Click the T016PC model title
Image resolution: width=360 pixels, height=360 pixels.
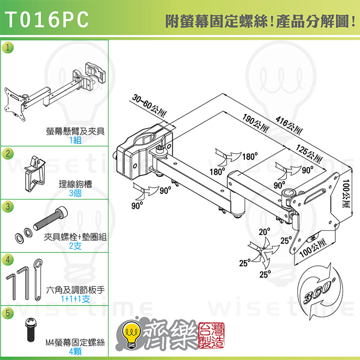(x=47, y=20)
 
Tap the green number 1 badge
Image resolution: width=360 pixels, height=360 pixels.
(x=8, y=47)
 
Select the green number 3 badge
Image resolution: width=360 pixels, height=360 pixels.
(x=8, y=206)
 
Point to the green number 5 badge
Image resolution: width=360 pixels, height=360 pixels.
(x=8, y=313)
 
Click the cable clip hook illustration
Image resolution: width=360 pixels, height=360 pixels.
(x=35, y=174)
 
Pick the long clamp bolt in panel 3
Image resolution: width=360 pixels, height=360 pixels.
(x=51, y=218)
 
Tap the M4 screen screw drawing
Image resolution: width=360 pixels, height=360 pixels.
(x=31, y=330)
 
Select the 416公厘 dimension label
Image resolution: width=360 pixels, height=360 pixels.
(x=289, y=125)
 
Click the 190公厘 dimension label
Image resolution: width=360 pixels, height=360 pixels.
(x=256, y=123)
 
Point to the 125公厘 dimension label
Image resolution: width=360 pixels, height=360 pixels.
(x=309, y=153)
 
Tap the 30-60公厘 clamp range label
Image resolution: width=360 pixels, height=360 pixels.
(x=150, y=105)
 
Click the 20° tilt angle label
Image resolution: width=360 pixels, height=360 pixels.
(x=264, y=232)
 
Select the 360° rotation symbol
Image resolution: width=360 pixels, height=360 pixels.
(x=319, y=291)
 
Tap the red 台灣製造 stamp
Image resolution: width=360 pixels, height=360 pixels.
(x=211, y=335)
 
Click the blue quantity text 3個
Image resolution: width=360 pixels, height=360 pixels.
(x=75, y=193)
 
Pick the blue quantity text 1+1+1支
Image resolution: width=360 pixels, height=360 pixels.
(x=75, y=299)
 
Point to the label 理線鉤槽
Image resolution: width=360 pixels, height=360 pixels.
(x=75, y=184)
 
